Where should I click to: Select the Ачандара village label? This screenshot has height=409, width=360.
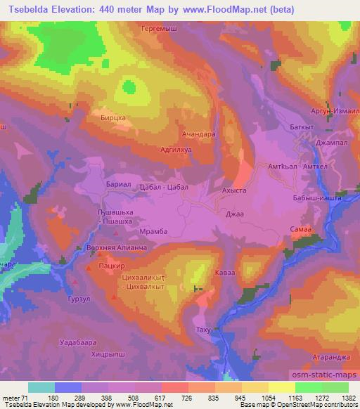199,133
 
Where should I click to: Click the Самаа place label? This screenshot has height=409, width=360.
300,230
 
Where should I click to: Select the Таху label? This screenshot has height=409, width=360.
203,330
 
